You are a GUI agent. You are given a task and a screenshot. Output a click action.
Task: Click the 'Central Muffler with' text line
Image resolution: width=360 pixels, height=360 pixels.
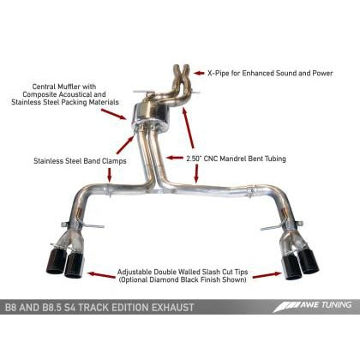pos(75,86)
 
